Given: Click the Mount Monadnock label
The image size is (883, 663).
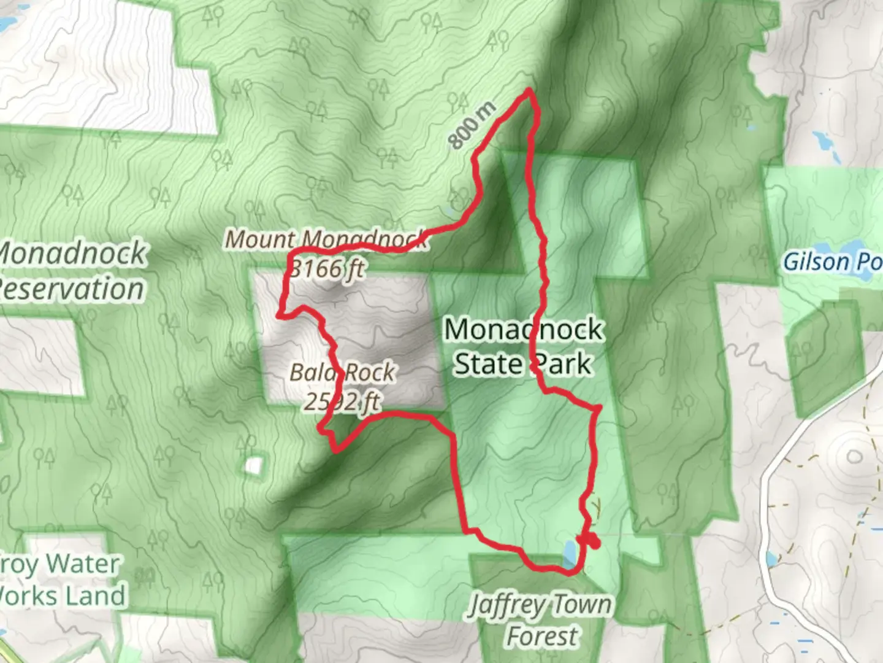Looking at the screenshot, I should point(326,239).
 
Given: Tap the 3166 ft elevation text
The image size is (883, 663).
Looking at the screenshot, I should point(326,269).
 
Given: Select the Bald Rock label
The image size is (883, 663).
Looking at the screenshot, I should point(342,373).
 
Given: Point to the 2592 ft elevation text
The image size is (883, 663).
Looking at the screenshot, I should point(342,402).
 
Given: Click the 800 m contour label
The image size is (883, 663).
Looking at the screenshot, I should point(472,126).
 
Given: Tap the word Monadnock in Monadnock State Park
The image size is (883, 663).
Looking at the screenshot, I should point(523,330).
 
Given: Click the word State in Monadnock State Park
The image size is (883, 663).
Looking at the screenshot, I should point(488,364).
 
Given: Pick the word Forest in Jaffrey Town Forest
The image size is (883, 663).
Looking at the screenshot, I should point(542,636).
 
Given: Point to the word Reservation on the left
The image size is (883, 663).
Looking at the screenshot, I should point(72,289).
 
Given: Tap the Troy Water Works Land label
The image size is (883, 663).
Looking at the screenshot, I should point(61,580).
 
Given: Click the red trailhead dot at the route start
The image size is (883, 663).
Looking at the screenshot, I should point(592,542).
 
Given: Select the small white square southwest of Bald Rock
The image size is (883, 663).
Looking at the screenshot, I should point(253,465).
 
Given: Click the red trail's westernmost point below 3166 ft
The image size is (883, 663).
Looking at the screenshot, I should point(280,315).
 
